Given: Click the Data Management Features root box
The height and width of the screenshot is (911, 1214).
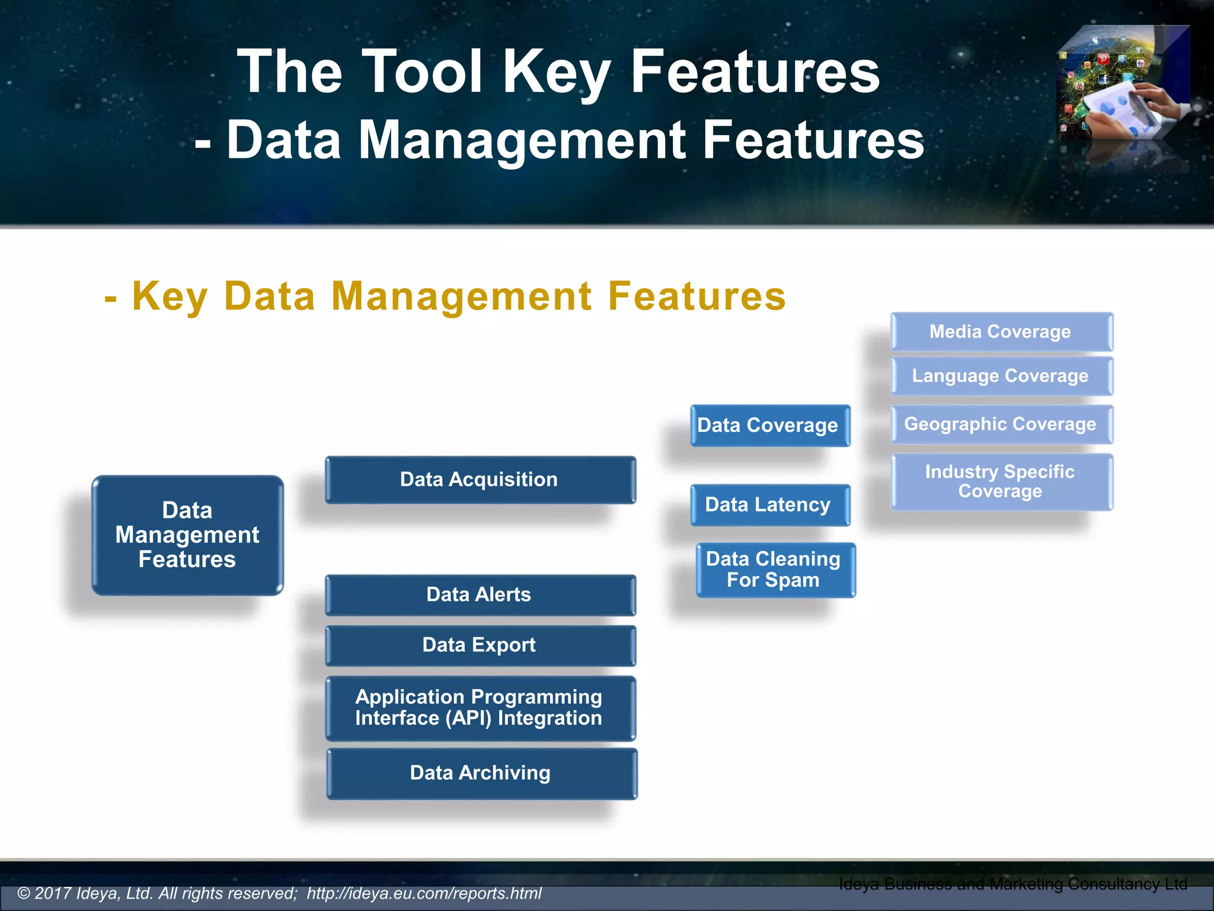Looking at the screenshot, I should pyautogui.click(x=187, y=535).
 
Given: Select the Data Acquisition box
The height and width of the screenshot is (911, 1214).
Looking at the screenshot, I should pyautogui.click(x=480, y=480).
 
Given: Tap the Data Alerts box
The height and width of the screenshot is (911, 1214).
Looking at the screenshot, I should pyautogui.click(x=480, y=595).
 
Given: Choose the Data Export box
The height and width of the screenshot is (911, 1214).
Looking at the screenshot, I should pyautogui.click(x=480, y=645).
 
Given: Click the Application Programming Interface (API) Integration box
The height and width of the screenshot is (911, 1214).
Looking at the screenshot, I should pyautogui.click(x=480, y=708).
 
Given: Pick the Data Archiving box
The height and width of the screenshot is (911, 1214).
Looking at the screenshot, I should pyautogui.click(x=481, y=773).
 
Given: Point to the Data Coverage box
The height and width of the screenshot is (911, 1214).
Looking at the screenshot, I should pyautogui.click(x=769, y=425).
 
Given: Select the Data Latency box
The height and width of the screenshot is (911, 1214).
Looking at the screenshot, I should pyautogui.click(x=769, y=505).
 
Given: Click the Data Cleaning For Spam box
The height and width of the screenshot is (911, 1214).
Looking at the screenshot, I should pyautogui.click(x=775, y=569).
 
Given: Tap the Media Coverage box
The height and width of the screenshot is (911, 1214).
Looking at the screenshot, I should pyautogui.click(x=1001, y=332).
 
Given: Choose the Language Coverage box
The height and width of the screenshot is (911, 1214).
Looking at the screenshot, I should pyautogui.click(x=1001, y=376).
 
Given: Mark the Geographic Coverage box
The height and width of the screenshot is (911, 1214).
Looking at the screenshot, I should pyautogui.click(x=1001, y=424).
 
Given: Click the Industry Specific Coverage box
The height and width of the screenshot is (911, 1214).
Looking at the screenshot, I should pyautogui.click(x=1001, y=482).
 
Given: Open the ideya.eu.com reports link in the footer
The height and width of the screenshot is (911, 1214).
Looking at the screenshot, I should pyautogui.click(x=424, y=893).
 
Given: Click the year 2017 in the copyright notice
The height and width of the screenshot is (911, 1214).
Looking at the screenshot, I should pyautogui.click(x=53, y=893).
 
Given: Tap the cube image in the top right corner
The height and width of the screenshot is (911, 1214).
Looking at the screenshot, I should pyautogui.click(x=1122, y=83).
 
